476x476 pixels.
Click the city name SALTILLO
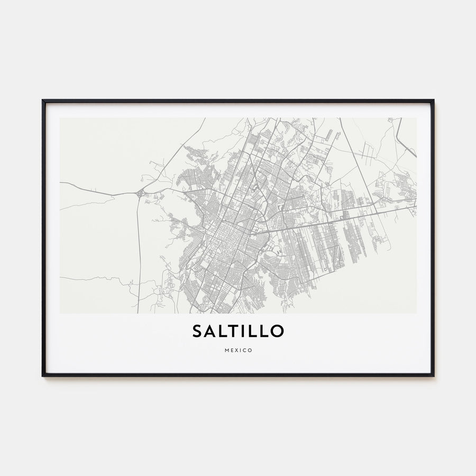(x=238, y=331)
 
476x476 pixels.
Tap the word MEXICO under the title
(x=238, y=350)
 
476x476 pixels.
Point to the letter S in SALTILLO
(x=197, y=331)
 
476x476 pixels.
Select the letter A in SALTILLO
(x=210, y=331)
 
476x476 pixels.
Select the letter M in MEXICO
(x=226, y=350)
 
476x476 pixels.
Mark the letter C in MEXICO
(x=244, y=350)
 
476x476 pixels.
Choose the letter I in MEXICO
(x=240, y=350)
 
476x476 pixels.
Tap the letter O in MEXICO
(x=250, y=350)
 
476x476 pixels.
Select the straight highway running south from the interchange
(x=138, y=254)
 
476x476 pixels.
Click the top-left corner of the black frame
(x=43, y=100)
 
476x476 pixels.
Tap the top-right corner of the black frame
(x=433, y=100)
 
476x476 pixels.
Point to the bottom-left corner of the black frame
(x=43, y=376)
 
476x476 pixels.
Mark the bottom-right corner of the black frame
(x=433, y=376)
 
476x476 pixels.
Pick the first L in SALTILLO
(x=223, y=331)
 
